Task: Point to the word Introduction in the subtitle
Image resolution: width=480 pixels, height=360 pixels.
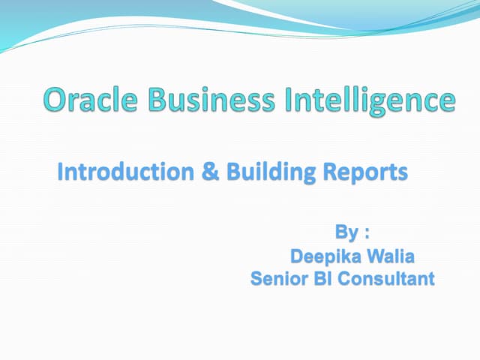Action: pyautogui.click(x=124, y=172)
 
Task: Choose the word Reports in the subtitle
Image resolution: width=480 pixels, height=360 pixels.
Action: pyautogui.click(x=364, y=172)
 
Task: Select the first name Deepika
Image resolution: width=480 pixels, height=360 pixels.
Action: pyautogui.click(x=325, y=257)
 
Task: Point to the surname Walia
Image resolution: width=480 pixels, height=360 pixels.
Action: pyautogui.click(x=390, y=256)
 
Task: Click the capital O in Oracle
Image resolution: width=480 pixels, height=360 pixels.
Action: pyautogui.click(x=56, y=100)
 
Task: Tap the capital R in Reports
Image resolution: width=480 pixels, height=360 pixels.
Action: pyautogui.click(x=329, y=172)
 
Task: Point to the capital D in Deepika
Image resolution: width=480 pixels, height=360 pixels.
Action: pyautogui.click(x=297, y=256)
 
